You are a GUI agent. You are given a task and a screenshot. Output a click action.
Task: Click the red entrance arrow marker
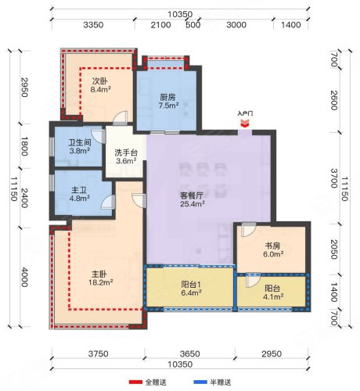pyautogui.click(x=245, y=124)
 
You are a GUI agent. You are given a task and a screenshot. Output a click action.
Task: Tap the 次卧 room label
pyautogui.click(x=99, y=81)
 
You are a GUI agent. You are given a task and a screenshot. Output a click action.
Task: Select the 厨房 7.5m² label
pyautogui.click(x=168, y=102)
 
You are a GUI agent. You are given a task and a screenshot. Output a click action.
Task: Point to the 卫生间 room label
pyautogui.click(x=80, y=142)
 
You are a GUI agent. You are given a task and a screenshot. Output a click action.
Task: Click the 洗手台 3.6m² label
pyautogui.click(x=126, y=156)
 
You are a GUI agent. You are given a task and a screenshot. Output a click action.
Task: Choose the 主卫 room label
pyautogui.click(x=79, y=190)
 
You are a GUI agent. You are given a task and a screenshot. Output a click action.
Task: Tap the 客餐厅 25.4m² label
pyautogui.click(x=192, y=199)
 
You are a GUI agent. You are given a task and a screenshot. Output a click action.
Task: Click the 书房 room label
pyautogui.click(x=272, y=246)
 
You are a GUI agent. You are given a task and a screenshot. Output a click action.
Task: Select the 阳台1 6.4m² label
pyautogui.click(x=191, y=289)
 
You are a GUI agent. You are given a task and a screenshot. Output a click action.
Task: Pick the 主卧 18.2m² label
pyautogui.click(x=100, y=278)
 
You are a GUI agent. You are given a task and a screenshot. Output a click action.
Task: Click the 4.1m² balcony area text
pyautogui.click(x=273, y=297)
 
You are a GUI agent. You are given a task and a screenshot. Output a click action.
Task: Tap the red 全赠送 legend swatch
pyautogui.click(x=135, y=382)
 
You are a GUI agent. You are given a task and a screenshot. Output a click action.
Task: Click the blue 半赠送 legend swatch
pyautogui.click(x=200, y=382)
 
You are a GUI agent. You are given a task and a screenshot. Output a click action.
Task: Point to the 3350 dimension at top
pyautogui.click(x=93, y=25)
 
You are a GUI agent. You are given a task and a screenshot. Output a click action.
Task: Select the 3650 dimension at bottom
pyautogui.click(x=190, y=353)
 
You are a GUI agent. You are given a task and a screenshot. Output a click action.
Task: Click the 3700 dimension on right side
pyautogui.click(x=334, y=178)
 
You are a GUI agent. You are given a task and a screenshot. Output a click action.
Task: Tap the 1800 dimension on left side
pyautogui.click(x=24, y=146)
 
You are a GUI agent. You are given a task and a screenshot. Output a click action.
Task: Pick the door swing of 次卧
pyautogui.click(x=121, y=118)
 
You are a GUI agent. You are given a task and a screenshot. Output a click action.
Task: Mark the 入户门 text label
pyautogui.click(x=245, y=113)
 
